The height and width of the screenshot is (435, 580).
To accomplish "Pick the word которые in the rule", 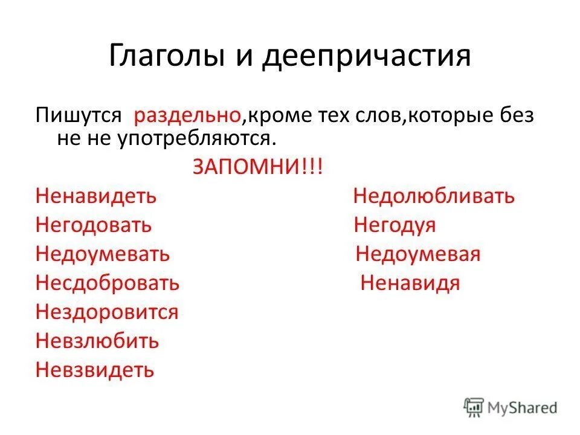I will click(441, 115).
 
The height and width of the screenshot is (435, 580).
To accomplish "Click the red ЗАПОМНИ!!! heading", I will click(257, 167).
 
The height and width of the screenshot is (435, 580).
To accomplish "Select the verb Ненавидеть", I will click(96, 196).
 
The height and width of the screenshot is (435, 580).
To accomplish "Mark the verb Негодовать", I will click(94, 225).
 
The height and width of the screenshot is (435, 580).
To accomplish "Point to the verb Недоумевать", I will click(103, 254).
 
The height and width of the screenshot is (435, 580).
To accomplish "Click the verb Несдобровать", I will click(108, 283).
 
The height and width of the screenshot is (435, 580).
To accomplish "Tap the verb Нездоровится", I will click(107, 312).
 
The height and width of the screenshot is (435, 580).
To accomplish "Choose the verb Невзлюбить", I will click(97, 341).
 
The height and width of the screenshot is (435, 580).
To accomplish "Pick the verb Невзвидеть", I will click(95, 370).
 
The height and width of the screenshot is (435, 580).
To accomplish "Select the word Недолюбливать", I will click(434, 196).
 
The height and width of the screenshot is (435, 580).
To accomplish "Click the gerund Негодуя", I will click(395, 225).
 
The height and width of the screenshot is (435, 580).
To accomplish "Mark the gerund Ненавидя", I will click(410, 283).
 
